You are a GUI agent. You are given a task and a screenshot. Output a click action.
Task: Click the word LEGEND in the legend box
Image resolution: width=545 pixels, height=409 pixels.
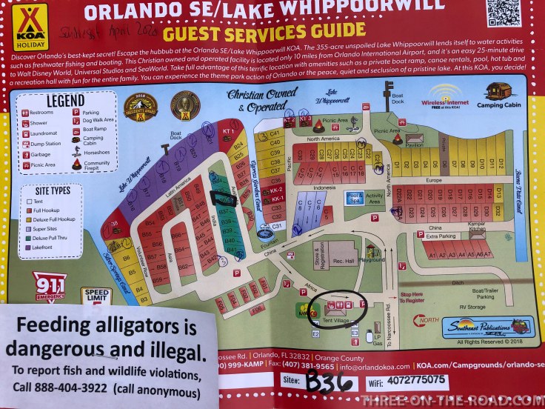click(65, 101)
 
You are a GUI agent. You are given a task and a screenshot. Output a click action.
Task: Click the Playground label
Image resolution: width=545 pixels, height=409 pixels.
click(372, 260)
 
